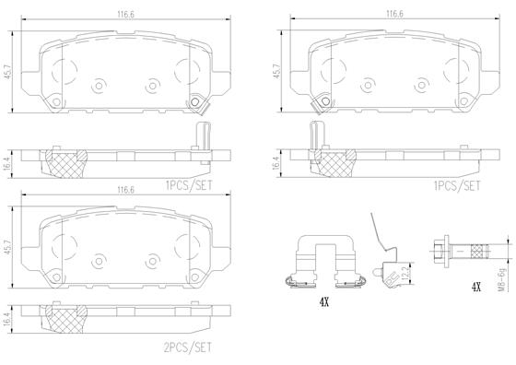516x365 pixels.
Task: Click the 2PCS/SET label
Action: click(x=188, y=347)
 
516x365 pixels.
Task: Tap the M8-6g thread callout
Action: click(x=501, y=280)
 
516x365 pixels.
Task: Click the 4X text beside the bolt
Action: click(x=475, y=288)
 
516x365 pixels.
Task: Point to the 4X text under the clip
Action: click(x=323, y=301)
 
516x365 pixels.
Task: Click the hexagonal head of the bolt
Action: click(x=439, y=251)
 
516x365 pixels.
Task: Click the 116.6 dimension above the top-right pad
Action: click(x=394, y=14)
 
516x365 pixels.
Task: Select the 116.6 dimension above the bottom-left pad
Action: click(x=125, y=190)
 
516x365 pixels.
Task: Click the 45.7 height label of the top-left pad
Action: click(x=8, y=72)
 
